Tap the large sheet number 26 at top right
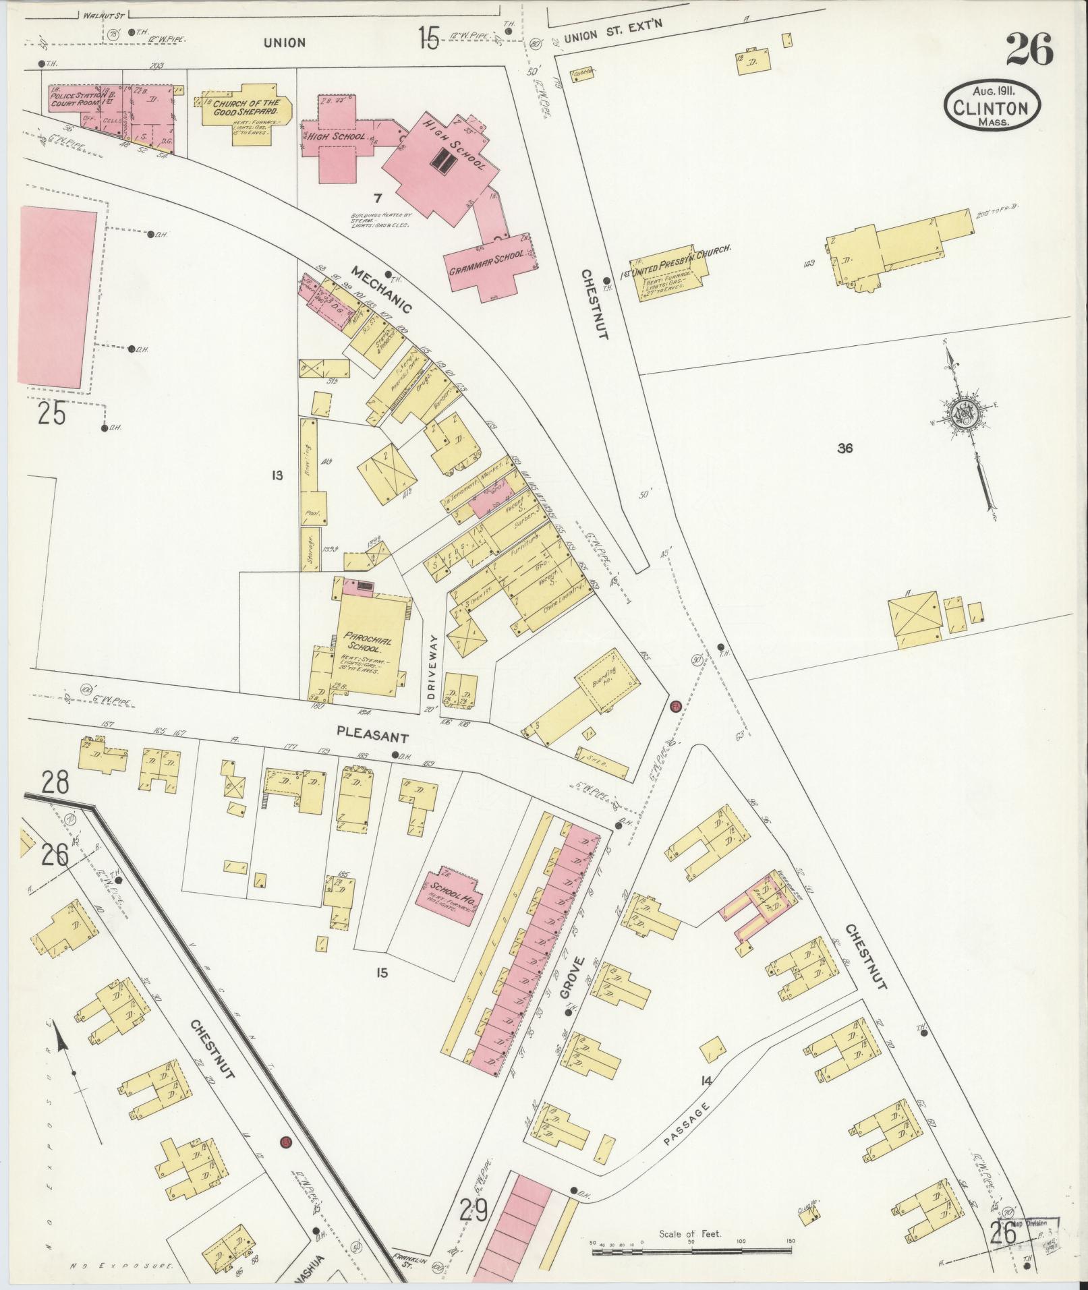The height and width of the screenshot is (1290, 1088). coord(1029,50)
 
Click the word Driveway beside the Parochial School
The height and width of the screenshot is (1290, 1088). coord(432,667)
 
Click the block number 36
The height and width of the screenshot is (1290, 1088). coord(844,447)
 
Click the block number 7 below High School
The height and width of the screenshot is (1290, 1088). coord(378,198)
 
